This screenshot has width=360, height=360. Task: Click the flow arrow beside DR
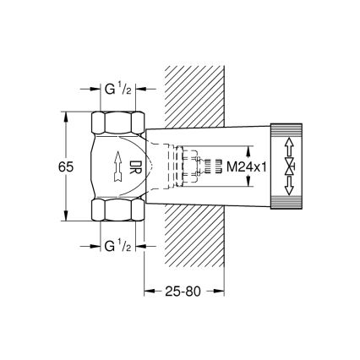[x=113, y=166]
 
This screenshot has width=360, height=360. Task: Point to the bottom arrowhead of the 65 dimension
[x=64, y=222]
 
